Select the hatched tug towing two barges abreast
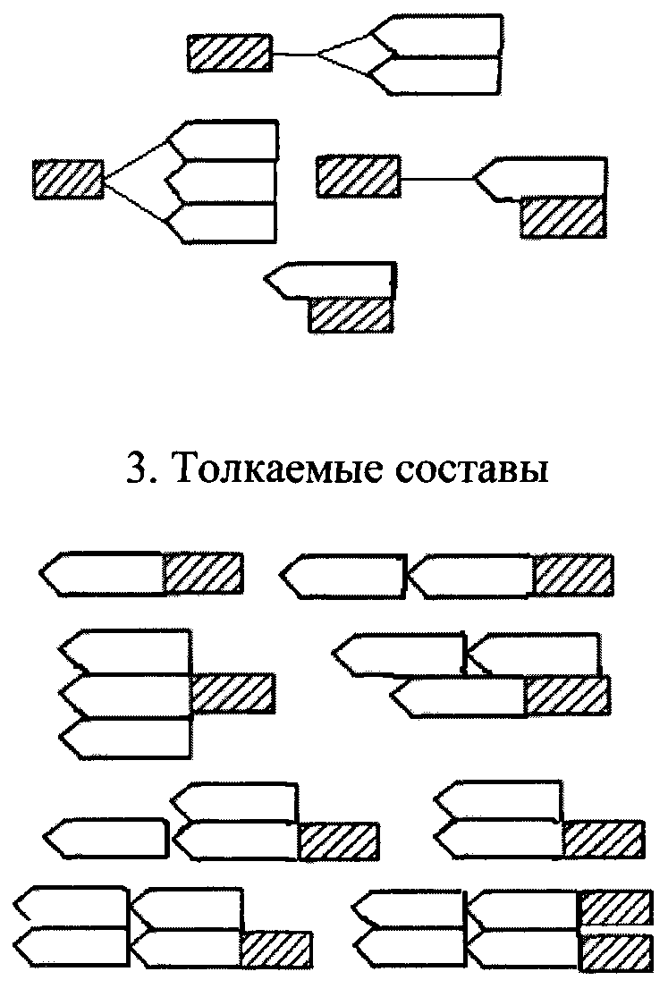[229, 53]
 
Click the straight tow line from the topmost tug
[295, 55]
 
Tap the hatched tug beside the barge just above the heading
[351, 315]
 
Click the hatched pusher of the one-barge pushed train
[204, 573]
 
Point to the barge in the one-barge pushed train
[103, 573]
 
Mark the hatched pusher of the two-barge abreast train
[603, 839]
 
